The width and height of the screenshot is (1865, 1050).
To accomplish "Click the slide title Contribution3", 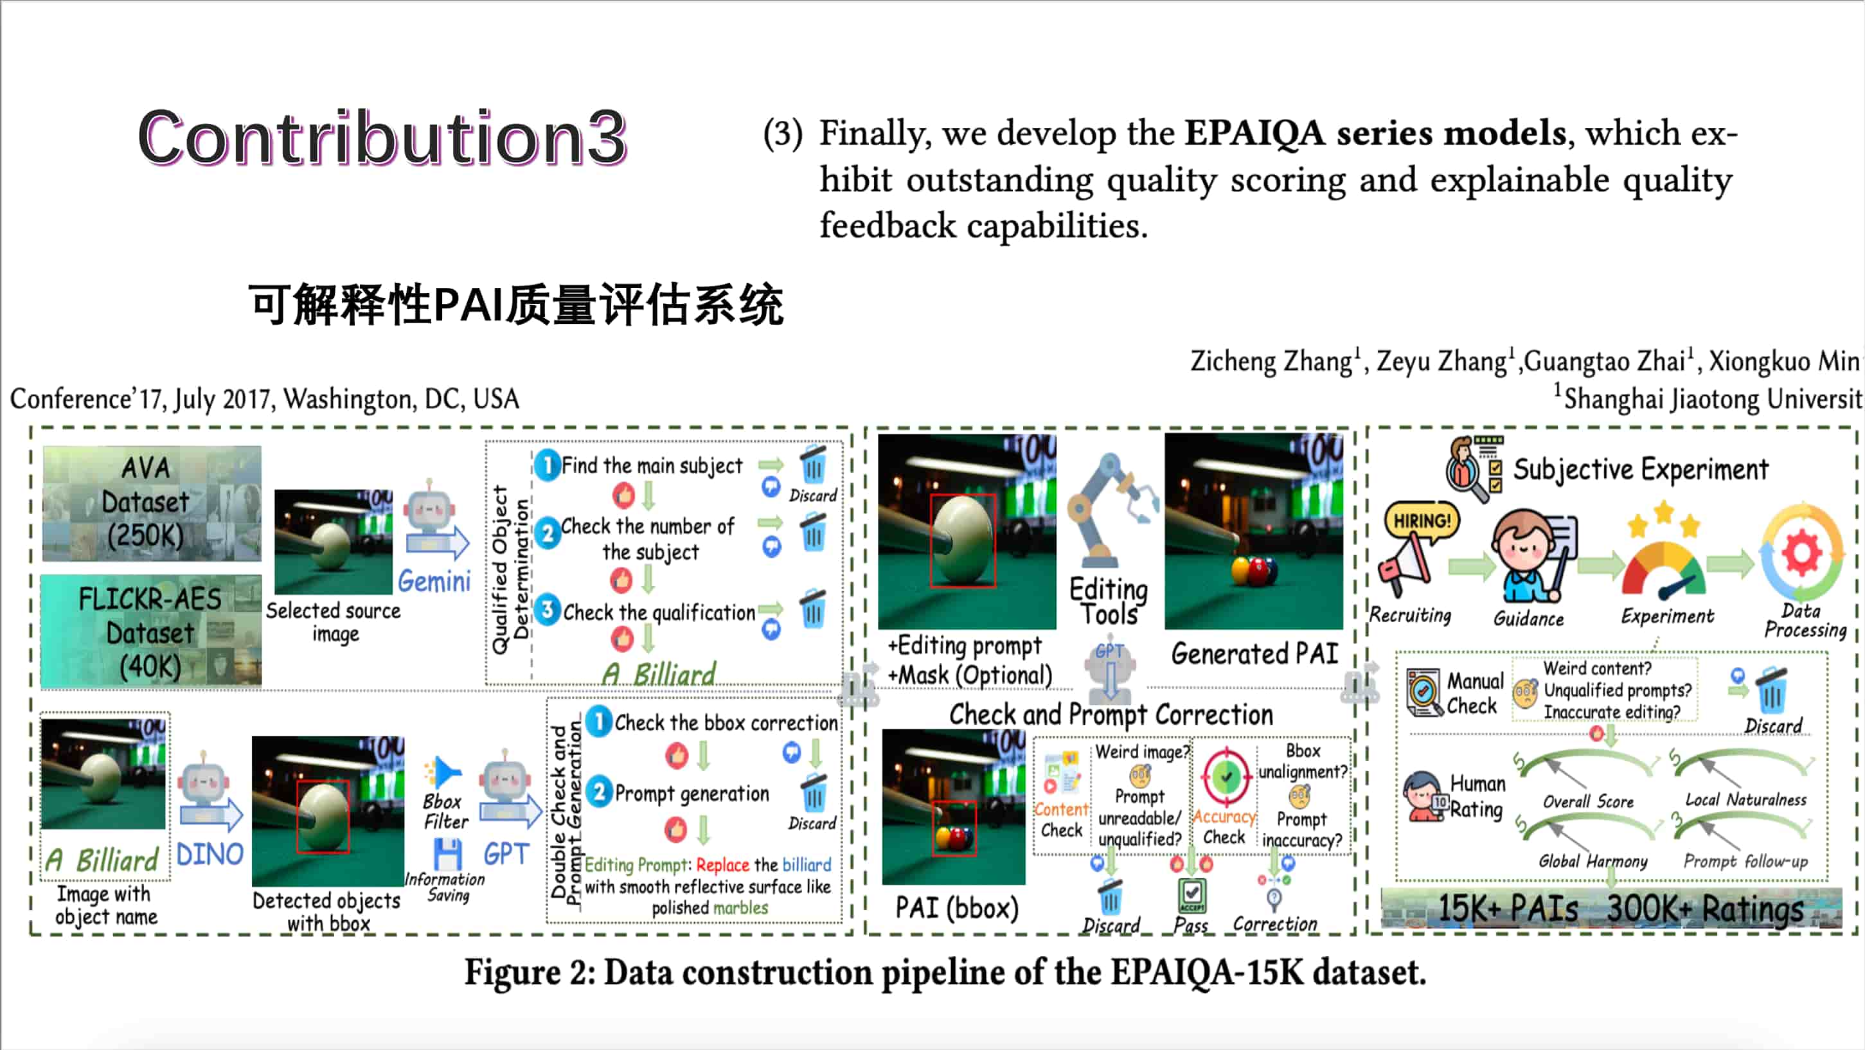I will click(x=382, y=138).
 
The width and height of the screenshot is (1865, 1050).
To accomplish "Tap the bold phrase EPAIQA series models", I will click(x=1375, y=134).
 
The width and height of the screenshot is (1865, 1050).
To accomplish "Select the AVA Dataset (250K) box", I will click(x=151, y=503).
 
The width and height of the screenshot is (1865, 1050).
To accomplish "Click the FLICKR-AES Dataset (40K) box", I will click(x=150, y=631).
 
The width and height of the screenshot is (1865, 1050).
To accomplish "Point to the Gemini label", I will click(x=434, y=582).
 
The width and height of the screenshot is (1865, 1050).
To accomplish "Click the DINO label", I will click(x=210, y=855).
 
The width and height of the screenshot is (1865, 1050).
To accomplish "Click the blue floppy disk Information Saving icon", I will click(x=447, y=855).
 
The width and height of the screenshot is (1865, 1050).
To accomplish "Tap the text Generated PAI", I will click(x=1254, y=654).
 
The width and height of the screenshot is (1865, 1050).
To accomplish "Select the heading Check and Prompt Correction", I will click(x=1111, y=715).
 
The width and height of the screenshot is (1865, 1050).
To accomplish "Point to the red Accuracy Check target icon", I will click(x=1226, y=777).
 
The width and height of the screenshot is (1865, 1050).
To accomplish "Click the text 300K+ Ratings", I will click(x=1705, y=909).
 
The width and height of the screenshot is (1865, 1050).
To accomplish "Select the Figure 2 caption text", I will click(x=945, y=972).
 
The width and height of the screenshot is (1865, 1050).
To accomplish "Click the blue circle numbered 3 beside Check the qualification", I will click(x=548, y=610).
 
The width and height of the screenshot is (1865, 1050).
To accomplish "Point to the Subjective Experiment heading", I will click(x=1641, y=469).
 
